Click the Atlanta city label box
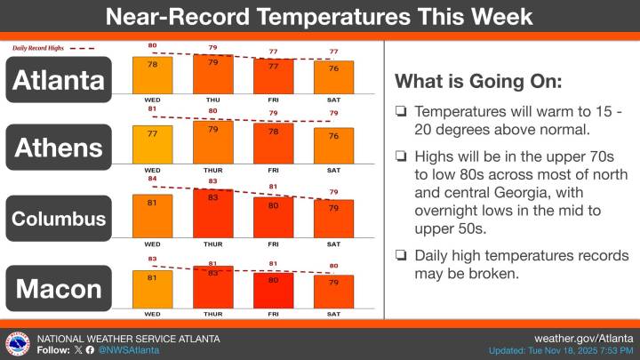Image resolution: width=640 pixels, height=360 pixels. [60, 79]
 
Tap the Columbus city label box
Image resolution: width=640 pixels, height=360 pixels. [60, 219]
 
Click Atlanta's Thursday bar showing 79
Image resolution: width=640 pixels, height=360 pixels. [212, 75]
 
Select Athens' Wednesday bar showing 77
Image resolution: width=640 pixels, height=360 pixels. [152, 144]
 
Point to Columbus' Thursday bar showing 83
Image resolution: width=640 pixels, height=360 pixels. [212, 214]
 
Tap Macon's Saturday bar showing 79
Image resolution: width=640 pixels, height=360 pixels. [333, 289]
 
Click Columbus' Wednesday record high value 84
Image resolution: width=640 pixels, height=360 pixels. [152, 178]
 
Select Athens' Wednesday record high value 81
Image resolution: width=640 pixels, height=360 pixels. [152, 109]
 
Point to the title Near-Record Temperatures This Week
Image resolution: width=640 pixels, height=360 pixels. [319, 16]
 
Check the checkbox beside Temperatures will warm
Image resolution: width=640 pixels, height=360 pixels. [401, 114]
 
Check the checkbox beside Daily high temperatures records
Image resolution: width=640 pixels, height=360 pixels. [401, 256]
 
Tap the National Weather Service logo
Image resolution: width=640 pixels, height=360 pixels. [17, 344]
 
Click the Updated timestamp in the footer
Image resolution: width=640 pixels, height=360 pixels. [561, 351]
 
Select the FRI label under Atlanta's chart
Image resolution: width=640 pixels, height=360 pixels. [273, 100]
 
